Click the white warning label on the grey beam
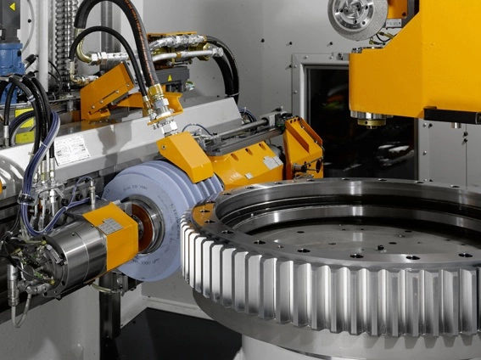[x=71, y=150]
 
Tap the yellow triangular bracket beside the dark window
[x=302, y=144]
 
